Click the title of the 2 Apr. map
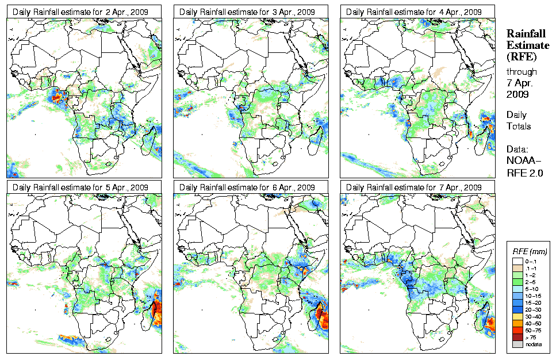(x=80, y=12)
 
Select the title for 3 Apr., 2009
(x=247, y=12)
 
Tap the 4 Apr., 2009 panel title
(x=413, y=12)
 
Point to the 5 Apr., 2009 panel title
(x=80, y=187)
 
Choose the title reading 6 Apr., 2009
(x=247, y=187)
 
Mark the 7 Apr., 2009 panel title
(x=413, y=187)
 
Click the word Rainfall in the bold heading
(x=526, y=35)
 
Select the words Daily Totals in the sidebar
(x=519, y=120)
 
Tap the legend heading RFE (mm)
(x=530, y=251)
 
